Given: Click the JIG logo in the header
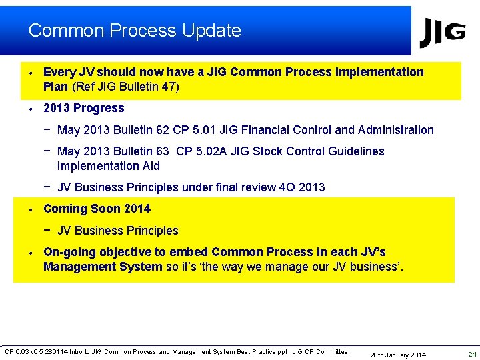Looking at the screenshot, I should pyautogui.click(x=442, y=33).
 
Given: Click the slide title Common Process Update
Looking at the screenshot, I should pyautogui.click(x=135, y=31).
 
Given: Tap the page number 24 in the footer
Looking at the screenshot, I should pyautogui.click(x=472, y=354).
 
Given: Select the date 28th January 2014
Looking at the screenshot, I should pyautogui.click(x=398, y=355).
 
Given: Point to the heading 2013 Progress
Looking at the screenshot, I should pyautogui.click(x=83, y=108).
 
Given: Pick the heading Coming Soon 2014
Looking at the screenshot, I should pyautogui.click(x=97, y=209).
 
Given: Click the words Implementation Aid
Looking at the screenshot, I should pyautogui.click(x=108, y=166).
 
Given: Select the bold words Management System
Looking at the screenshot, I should pyautogui.click(x=103, y=267).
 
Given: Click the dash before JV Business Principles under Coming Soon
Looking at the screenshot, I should pyautogui.click(x=48, y=230).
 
